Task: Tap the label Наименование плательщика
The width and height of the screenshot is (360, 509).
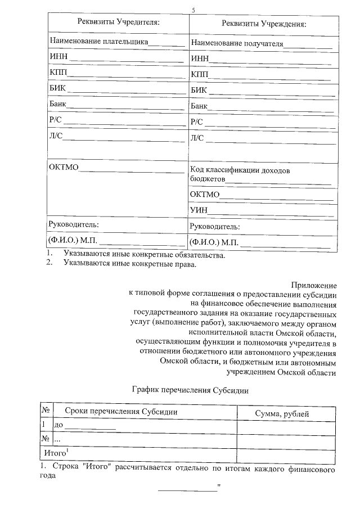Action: coord(99,41)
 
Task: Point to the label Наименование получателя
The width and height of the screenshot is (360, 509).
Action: coord(237,43)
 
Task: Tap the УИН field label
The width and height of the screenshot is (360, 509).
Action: coord(199,210)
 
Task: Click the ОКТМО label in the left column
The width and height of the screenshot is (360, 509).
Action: coord(64,168)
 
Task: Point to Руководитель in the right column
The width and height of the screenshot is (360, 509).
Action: coord(215,227)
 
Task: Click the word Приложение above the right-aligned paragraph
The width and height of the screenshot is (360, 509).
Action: coord(314,285)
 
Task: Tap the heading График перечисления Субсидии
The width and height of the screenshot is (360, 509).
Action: coord(190,389)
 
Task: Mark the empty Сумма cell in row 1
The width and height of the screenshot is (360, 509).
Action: coord(286,426)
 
